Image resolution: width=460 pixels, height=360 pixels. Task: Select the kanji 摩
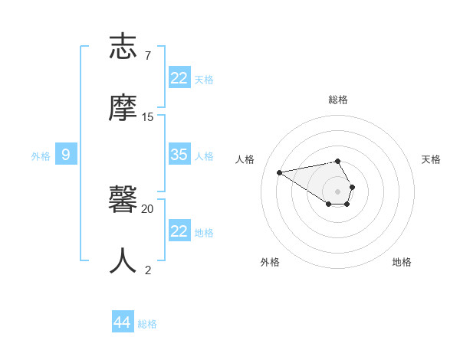(x=125, y=107)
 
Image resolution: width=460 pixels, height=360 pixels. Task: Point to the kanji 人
(x=125, y=260)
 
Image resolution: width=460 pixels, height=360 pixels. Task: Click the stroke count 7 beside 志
(x=148, y=55)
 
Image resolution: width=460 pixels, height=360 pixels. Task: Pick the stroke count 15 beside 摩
(x=148, y=117)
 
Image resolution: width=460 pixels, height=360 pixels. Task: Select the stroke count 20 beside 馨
(x=148, y=208)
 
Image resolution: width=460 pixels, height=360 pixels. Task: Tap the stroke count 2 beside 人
(x=148, y=270)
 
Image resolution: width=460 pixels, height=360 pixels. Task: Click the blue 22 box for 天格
(x=179, y=78)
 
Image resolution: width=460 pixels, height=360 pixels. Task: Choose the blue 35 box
(x=179, y=155)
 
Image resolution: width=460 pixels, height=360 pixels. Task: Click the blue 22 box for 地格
(x=179, y=231)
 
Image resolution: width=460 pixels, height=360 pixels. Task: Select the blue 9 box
(x=66, y=155)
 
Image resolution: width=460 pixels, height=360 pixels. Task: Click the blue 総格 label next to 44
(x=147, y=324)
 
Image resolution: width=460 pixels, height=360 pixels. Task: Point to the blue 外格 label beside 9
(x=41, y=156)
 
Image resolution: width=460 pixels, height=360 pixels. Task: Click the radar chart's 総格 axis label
(x=338, y=100)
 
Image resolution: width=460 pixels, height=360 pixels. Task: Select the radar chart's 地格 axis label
(x=402, y=262)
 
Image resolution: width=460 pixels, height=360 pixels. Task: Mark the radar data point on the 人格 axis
(x=280, y=172)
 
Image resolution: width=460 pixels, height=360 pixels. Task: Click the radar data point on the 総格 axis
(x=337, y=161)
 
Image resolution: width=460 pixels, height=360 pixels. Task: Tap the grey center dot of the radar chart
(x=337, y=191)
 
